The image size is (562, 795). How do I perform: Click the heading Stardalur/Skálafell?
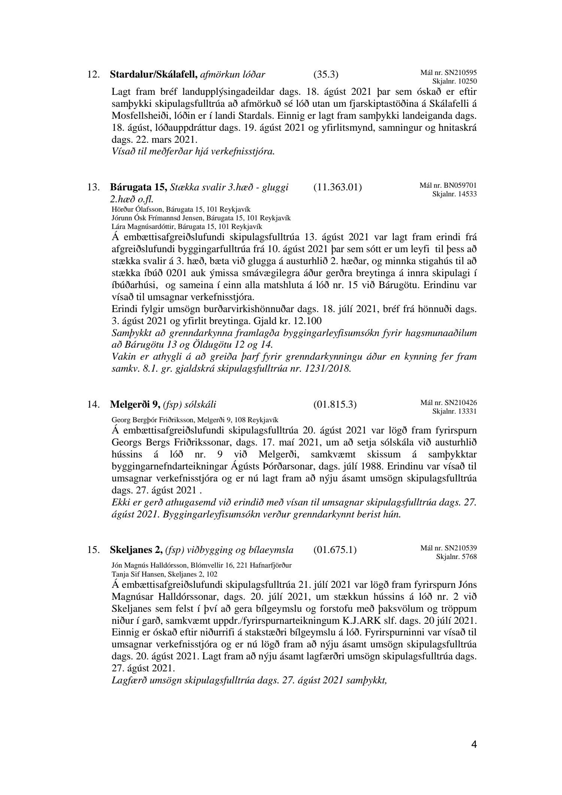(154, 74)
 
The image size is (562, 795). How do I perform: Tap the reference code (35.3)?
(326, 75)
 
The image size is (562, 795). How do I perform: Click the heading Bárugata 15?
(138, 187)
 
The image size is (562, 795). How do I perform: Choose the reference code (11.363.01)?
(337, 187)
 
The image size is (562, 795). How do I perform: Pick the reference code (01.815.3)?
(335, 404)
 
